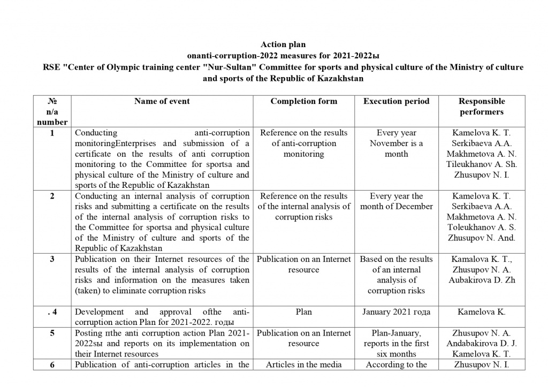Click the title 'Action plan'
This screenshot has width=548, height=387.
(283, 44)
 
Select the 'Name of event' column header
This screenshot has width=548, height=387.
(162, 101)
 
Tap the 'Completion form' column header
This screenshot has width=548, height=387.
(303, 101)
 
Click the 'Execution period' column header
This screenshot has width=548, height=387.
(396, 101)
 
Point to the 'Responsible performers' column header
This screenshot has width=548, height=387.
(482, 107)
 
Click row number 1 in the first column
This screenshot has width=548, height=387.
(52, 133)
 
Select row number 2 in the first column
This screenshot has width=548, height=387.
(52, 196)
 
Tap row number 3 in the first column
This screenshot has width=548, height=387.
(52, 260)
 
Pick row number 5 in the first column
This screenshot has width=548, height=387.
(52, 333)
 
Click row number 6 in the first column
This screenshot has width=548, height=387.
(52, 365)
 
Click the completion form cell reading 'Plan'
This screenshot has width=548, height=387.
(303, 312)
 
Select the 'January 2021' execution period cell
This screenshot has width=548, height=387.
(396, 312)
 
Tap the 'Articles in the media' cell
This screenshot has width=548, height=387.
(303, 365)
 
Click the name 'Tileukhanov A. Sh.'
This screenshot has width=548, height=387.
(482, 164)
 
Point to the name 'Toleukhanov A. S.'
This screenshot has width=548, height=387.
(482, 227)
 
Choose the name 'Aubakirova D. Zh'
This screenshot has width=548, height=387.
(482, 280)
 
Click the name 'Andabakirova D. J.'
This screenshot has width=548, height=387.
(482, 344)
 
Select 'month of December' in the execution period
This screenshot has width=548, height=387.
(396, 207)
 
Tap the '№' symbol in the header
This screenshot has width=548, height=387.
(52, 101)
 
